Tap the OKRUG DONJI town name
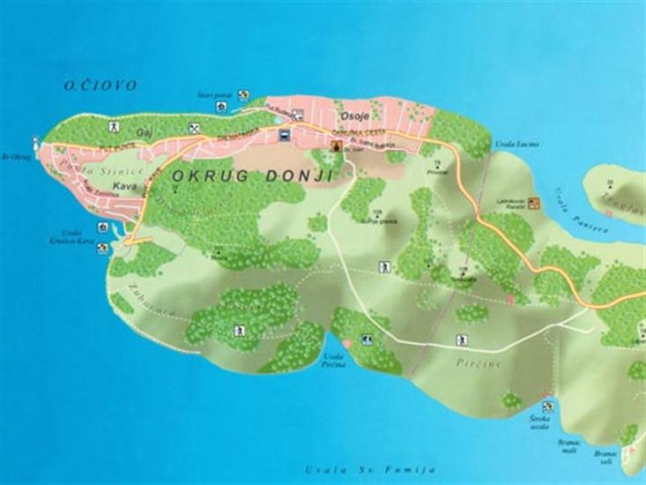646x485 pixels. point(252,176)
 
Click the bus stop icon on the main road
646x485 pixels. point(285,135)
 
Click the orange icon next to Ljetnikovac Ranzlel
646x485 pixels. point(533,204)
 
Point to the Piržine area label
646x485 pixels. point(468,362)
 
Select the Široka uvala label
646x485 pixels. point(540,422)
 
